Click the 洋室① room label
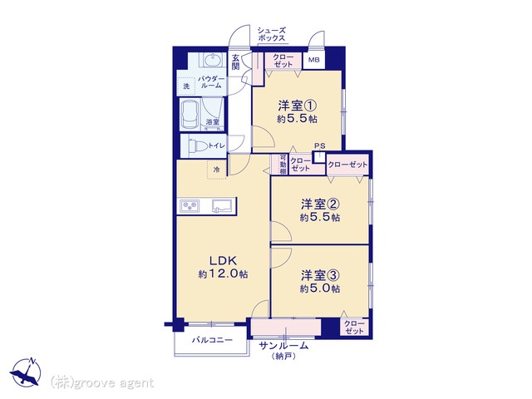(x=298, y=106)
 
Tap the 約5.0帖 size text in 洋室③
(x=319, y=288)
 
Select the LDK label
(x=223, y=260)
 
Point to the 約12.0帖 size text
(x=223, y=274)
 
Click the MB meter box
(x=313, y=60)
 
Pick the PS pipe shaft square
(x=319, y=157)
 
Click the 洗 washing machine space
(x=186, y=86)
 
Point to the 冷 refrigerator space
(x=216, y=170)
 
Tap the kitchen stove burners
(x=190, y=205)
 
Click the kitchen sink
(x=222, y=206)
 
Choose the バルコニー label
(x=212, y=340)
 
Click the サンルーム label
(x=283, y=346)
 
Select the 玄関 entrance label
(x=235, y=62)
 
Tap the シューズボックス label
(x=271, y=34)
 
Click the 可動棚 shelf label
(x=283, y=165)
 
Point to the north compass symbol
(x=26, y=372)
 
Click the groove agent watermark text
(x=102, y=383)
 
